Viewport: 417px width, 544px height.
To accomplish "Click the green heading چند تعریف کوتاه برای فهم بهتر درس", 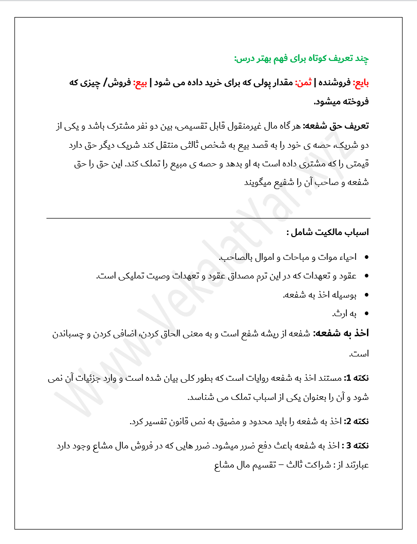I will pyautogui.click(x=302, y=59).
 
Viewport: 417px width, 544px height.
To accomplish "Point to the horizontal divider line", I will pyautogui.click(x=208, y=218).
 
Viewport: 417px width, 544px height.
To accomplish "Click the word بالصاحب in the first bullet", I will pyautogui.click(x=234, y=257).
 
